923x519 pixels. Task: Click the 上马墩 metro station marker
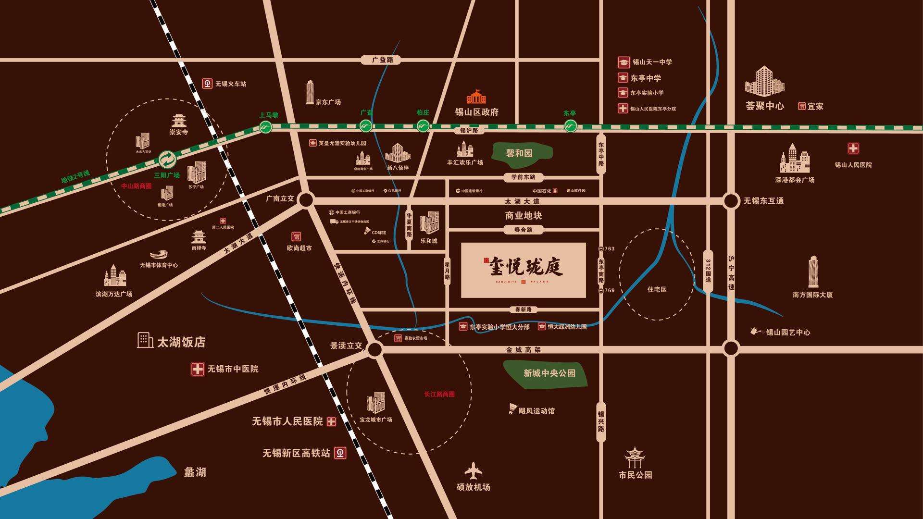(x=265, y=127)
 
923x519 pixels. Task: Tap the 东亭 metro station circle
(x=570, y=126)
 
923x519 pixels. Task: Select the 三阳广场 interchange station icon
(x=168, y=159)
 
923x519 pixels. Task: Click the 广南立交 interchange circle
(x=306, y=200)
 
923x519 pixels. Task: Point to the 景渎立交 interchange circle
(x=374, y=349)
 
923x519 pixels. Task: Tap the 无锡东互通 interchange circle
(x=731, y=201)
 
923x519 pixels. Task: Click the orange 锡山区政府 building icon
(x=476, y=97)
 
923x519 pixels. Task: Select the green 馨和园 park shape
(x=522, y=153)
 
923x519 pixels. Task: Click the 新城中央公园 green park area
(x=546, y=373)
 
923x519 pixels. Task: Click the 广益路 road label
(x=383, y=60)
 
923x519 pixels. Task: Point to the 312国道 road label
(x=708, y=271)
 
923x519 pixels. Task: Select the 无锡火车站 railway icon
(x=207, y=84)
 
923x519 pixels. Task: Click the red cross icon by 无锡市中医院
(x=198, y=369)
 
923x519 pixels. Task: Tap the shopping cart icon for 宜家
(x=801, y=106)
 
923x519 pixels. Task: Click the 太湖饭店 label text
(x=181, y=342)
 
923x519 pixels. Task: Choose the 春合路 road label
(x=523, y=230)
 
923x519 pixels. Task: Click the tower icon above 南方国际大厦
(x=813, y=272)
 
